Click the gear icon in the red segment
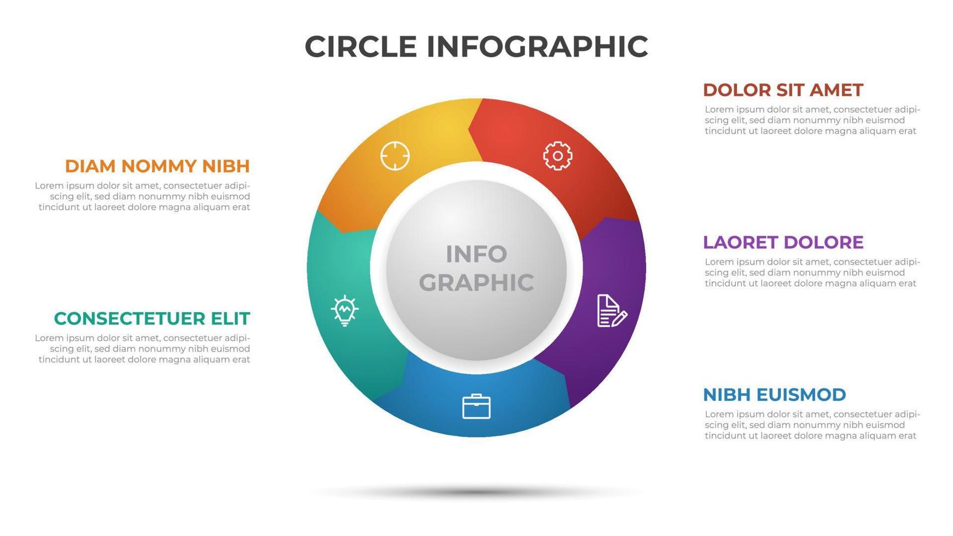click(x=557, y=156)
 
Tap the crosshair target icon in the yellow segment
click(x=395, y=156)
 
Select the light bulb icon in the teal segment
click(x=345, y=310)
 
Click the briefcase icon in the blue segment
click(x=476, y=406)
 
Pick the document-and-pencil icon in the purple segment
click(x=611, y=311)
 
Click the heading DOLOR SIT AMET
click(x=782, y=90)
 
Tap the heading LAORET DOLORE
click(x=783, y=242)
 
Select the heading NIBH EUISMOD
click(x=774, y=394)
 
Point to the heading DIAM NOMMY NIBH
click(x=158, y=166)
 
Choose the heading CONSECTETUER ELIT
click(x=152, y=318)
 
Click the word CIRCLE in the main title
click(x=361, y=46)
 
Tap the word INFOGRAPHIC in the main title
click(x=537, y=46)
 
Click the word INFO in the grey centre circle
click(x=476, y=254)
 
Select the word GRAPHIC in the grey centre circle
click(x=476, y=282)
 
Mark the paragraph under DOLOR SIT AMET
click(x=812, y=120)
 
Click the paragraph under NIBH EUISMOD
click(x=812, y=425)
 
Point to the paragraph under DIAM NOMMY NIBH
click(x=143, y=196)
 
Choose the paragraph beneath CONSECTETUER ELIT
click(x=143, y=349)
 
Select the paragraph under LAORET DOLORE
click(x=812, y=272)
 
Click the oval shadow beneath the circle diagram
click(x=476, y=493)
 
